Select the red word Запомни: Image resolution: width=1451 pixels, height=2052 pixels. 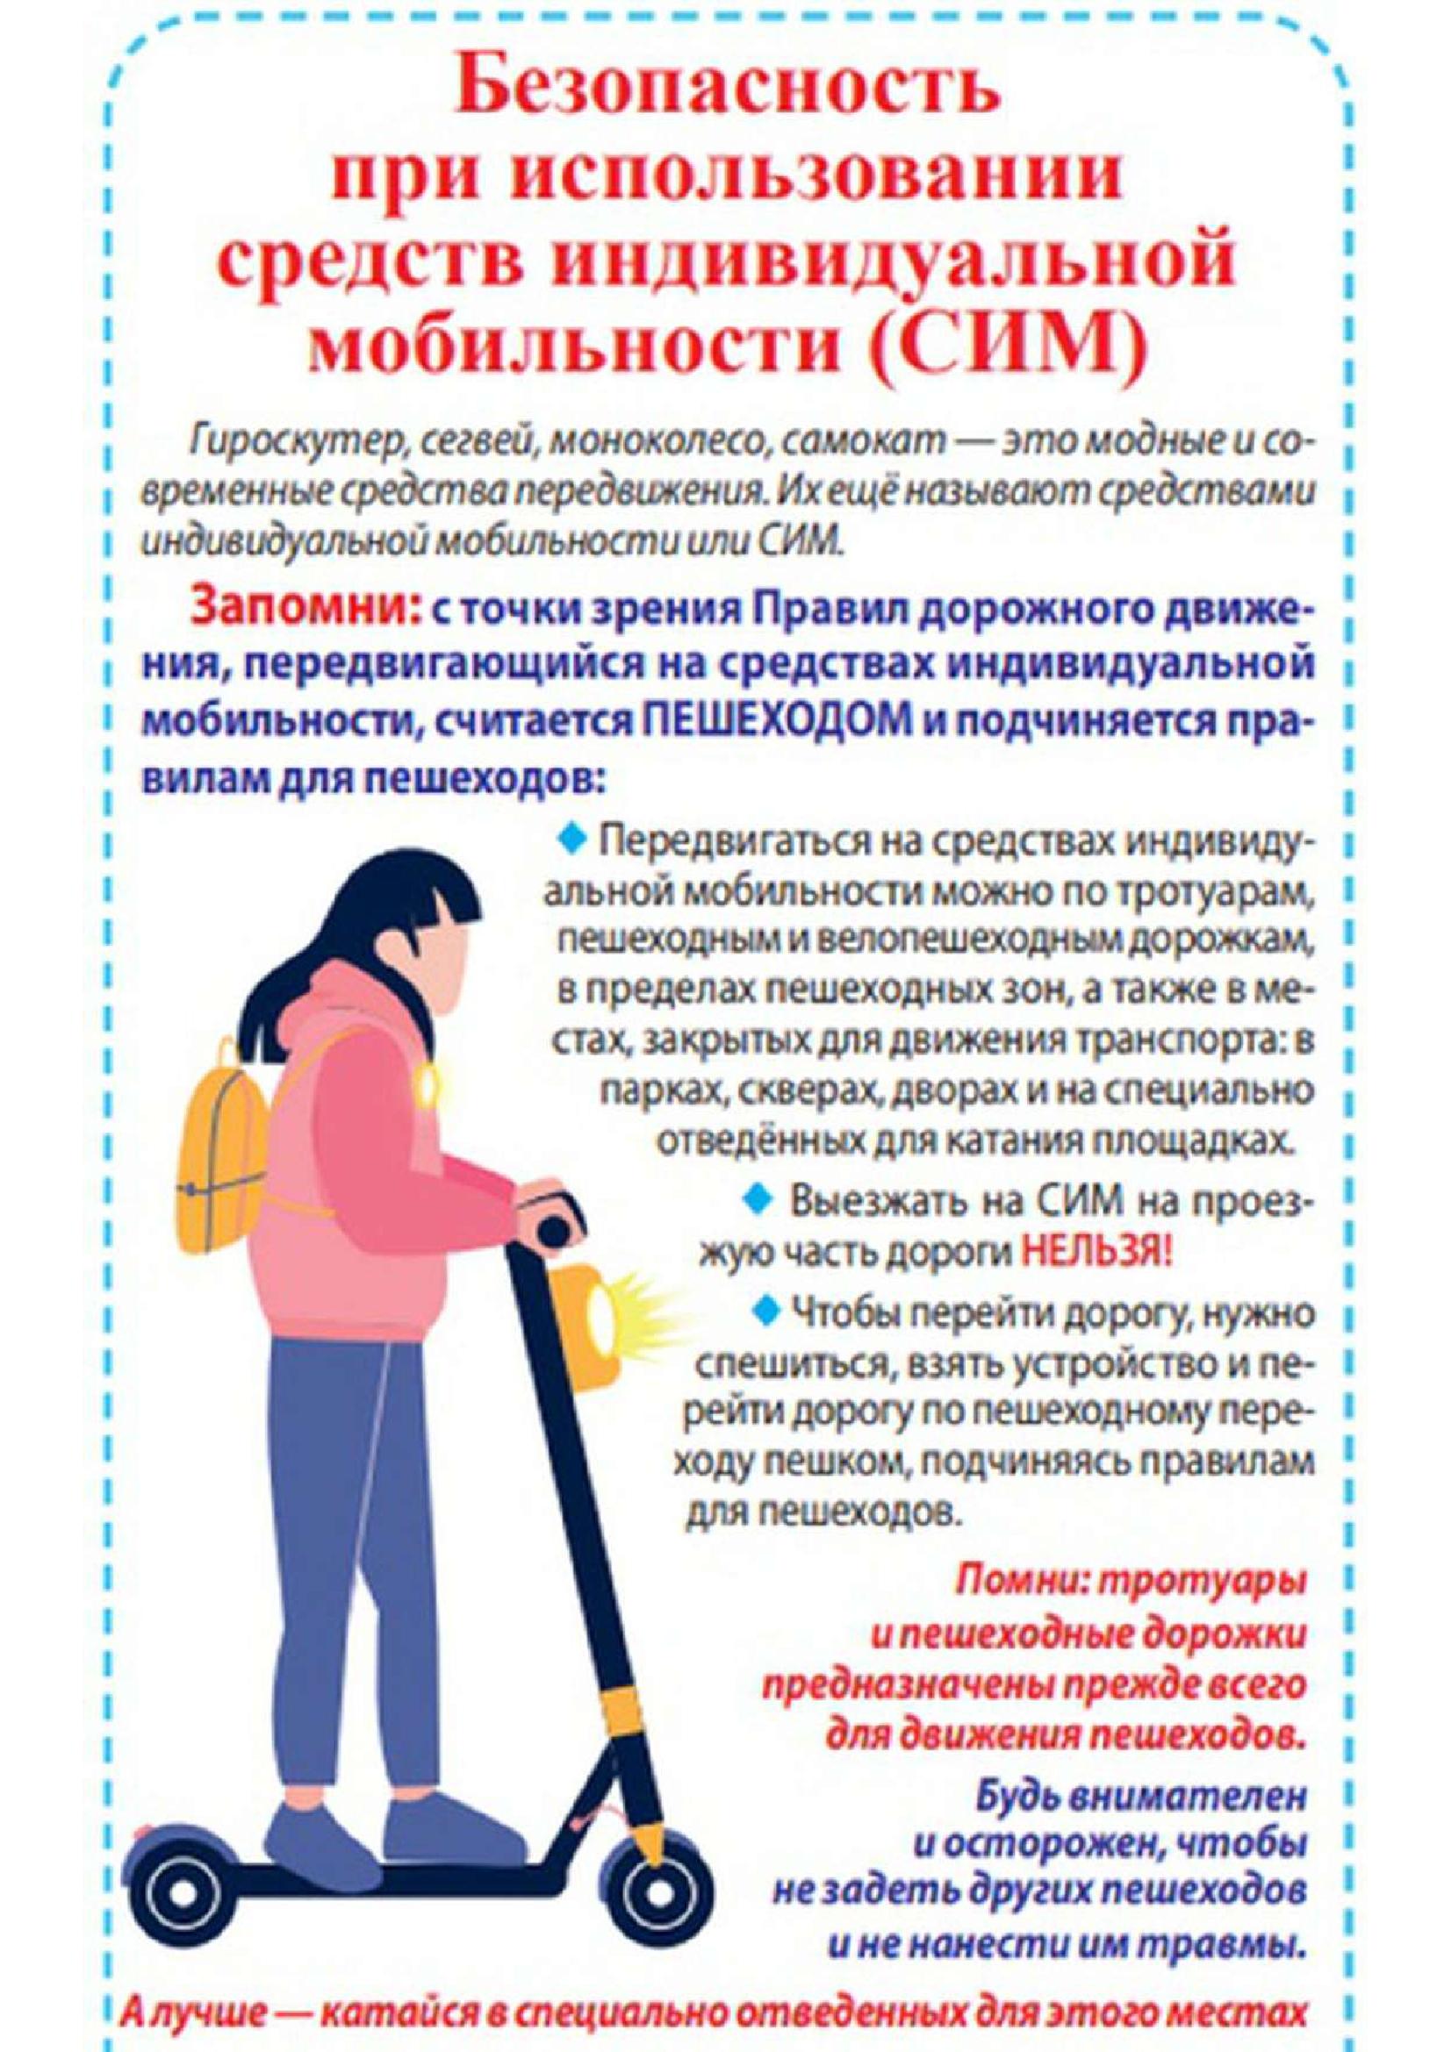point(303,609)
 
